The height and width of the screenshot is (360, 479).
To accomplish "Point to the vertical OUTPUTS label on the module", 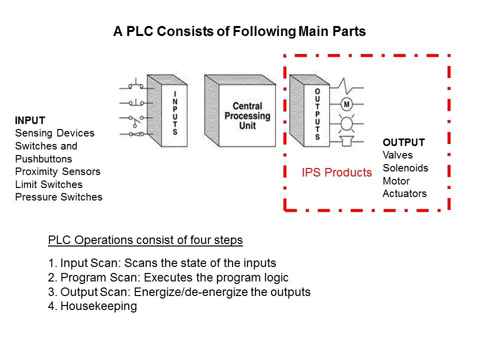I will point(317,114).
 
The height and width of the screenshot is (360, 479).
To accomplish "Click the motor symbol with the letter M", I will point(346,104).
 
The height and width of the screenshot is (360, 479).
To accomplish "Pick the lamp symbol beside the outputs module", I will point(346,123).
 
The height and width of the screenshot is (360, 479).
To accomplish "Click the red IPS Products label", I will point(337,173).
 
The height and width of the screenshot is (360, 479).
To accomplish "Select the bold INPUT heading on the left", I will point(30,120).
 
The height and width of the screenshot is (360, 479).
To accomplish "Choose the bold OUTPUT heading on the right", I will point(403,142).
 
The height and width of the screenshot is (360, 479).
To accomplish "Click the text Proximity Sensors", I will point(58,171).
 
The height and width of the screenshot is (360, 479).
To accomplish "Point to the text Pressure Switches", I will point(59,197).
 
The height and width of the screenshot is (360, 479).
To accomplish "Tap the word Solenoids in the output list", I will point(405,168).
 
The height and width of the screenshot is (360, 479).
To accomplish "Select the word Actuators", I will point(405,193).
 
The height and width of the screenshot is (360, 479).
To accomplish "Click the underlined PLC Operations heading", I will point(145,240).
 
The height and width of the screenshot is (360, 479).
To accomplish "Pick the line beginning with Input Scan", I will point(162,263).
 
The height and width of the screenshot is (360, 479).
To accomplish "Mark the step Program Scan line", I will point(169,277).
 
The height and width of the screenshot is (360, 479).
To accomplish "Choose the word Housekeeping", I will point(98,306).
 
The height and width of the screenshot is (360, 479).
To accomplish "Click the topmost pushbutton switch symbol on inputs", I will point(135,85).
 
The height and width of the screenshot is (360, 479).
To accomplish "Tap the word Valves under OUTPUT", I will point(398,155).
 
